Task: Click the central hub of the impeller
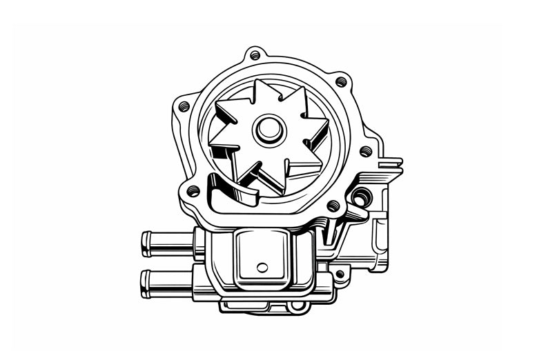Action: [268, 128]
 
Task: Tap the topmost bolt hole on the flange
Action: [255, 54]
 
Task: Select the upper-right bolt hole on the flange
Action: [341, 81]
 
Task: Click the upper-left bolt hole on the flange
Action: [184, 107]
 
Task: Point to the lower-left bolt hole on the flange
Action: [194, 190]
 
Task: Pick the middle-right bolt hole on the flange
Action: [366, 151]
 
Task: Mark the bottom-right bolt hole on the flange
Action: [333, 205]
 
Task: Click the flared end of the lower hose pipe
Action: [146, 283]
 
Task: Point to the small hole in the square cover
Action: [262, 267]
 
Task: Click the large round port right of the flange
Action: [360, 199]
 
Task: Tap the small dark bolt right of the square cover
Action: [339, 274]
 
